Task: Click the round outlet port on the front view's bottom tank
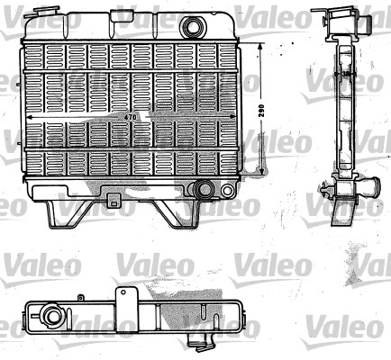click(x=206, y=189)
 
